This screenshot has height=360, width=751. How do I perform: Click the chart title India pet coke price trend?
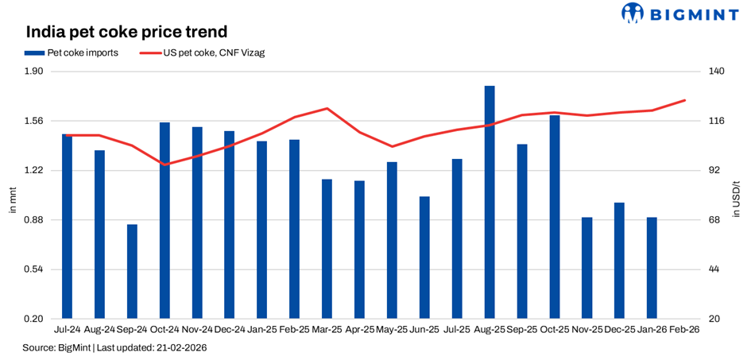point(127,33)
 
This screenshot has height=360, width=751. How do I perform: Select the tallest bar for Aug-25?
point(490,202)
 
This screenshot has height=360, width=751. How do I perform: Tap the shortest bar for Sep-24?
point(132,271)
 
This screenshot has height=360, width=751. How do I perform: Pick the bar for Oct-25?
point(555,216)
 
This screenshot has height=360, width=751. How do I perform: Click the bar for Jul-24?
point(67,226)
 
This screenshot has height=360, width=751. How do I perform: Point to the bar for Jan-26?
point(652,267)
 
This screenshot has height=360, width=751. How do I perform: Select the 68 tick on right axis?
point(714,220)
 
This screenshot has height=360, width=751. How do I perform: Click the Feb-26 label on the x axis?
point(684,329)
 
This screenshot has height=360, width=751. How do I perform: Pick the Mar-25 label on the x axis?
point(327,329)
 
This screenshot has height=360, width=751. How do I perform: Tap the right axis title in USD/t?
point(738,195)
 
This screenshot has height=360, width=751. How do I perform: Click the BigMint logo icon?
point(633,14)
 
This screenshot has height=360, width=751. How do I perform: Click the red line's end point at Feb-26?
point(684,100)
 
